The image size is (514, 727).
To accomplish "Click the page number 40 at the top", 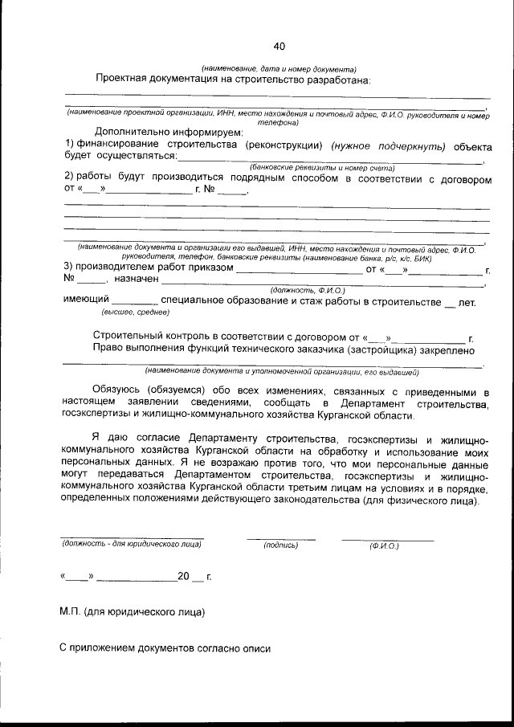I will pos(278,46).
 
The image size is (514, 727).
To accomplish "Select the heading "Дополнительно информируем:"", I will pos(168,131).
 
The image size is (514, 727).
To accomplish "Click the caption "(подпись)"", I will pos(280,545).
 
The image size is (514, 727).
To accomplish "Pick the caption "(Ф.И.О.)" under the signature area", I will pos(384,545).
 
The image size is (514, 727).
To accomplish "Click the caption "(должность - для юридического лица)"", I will pos(132,545).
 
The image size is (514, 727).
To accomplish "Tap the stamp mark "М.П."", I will pos(71,612).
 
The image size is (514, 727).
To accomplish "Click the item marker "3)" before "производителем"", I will pos(68,268).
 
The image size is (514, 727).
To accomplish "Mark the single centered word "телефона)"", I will pos(278,123).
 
